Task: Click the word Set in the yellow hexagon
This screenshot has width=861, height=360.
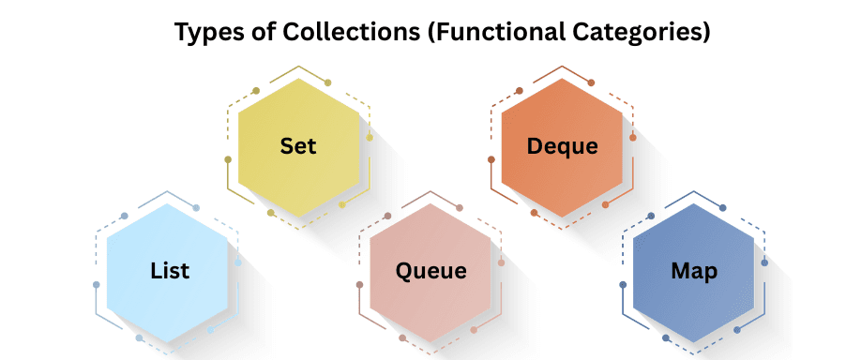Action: pyautogui.click(x=298, y=147)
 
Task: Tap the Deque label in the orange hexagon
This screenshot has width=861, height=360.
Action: pyautogui.click(x=562, y=147)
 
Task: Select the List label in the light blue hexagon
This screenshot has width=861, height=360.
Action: pyautogui.click(x=170, y=272)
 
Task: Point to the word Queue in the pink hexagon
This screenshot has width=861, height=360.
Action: pyautogui.click(x=430, y=272)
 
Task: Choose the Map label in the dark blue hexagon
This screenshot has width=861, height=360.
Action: pyautogui.click(x=694, y=272)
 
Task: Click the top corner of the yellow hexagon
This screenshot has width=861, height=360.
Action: pyautogui.click(x=298, y=79)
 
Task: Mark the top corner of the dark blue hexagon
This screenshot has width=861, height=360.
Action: pyautogui.click(x=694, y=203)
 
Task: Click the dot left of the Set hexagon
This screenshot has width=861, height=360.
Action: pyautogui.click(x=228, y=159)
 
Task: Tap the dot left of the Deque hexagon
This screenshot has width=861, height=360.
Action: pyautogui.click(x=491, y=159)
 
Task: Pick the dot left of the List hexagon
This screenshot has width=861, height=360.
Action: pyautogui.click(x=97, y=284)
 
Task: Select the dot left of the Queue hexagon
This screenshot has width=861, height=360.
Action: pyautogui.click(x=360, y=284)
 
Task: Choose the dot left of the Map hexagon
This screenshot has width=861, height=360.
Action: pyautogui.click(x=623, y=284)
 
